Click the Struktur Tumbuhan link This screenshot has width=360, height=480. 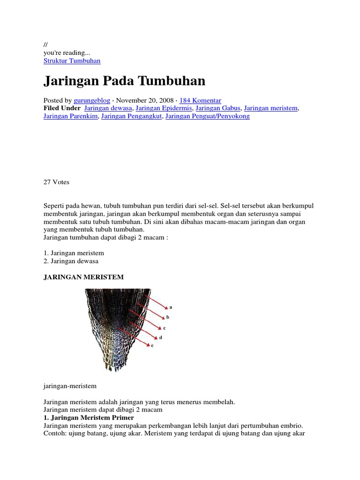pyautogui.click(x=72, y=61)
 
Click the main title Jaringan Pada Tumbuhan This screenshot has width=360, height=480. pyautogui.click(x=124, y=81)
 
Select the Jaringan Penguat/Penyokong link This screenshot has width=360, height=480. pyautogui.click(x=208, y=116)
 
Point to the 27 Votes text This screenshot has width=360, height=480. pyautogui.click(x=56, y=182)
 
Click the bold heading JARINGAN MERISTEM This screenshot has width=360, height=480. pyautogui.click(x=83, y=277)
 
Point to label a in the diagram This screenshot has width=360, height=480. pyautogui.click(x=171, y=307)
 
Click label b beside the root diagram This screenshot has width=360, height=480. pyautogui.click(x=168, y=317)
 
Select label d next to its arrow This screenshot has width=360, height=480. pyautogui.click(x=161, y=337)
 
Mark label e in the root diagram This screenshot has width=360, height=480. pyautogui.click(x=152, y=345)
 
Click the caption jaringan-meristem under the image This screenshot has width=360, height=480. pyautogui.click(x=70, y=386)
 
